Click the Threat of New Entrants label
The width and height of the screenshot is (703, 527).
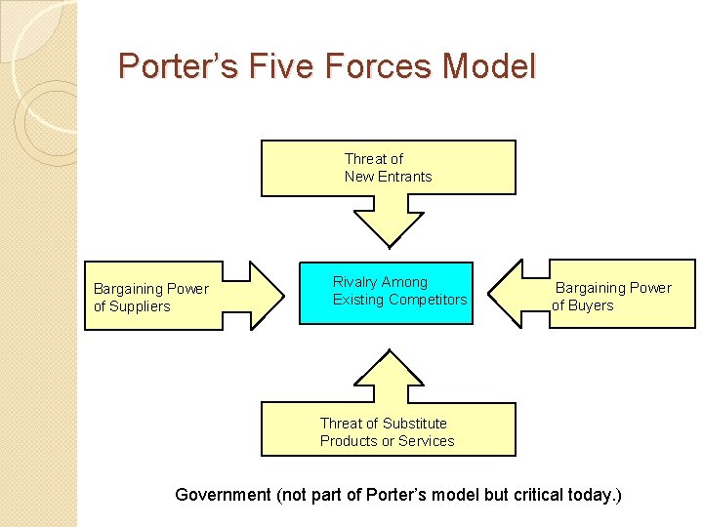pyautogui.click(x=388, y=168)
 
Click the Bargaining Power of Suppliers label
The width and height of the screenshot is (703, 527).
pyautogui.click(x=150, y=297)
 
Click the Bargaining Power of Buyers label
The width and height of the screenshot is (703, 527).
pyautogui.click(x=612, y=297)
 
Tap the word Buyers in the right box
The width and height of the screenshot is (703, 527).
pyautogui.click(x=591, y=305)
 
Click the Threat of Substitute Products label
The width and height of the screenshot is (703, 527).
pyautogui.click(x=387, y=432)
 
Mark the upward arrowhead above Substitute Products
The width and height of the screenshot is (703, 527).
pyautogui.click(x=389, y=366)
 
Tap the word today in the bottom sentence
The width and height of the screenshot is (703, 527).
pyautogui.click(x=588, y=495)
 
